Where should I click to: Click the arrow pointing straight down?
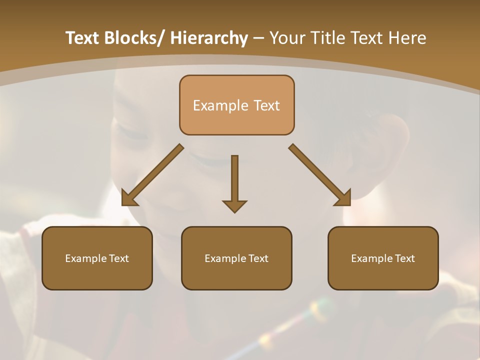click(234, 180)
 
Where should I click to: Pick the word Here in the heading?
click(409, 38)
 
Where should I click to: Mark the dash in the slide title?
click(258, 38)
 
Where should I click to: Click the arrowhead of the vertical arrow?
click(234, 205)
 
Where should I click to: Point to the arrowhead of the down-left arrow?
click(129, 198)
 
